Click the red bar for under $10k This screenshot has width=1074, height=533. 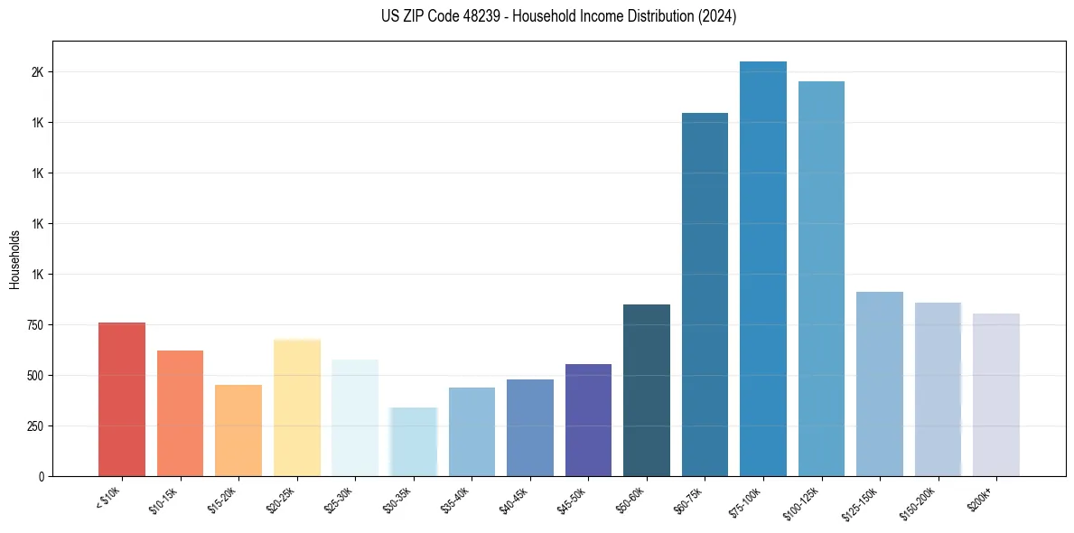[121, 399]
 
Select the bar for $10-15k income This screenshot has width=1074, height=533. [180, 413]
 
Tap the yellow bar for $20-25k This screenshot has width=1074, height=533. [296, 407]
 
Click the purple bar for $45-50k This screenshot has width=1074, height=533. [588, 420]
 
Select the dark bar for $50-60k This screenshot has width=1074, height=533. [647, 390]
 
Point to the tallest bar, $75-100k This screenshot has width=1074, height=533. [763, 268]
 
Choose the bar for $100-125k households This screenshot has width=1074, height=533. [821, 278]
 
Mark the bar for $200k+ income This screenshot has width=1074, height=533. [996, 395]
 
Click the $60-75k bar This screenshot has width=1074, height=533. [705, 295]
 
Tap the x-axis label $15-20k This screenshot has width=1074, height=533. [222, 500]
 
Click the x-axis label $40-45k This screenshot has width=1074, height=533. [514, 500]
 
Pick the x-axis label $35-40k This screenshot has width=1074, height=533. [455, 500]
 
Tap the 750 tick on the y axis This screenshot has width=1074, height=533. [34, 325]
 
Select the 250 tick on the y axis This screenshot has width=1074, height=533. [34, 426]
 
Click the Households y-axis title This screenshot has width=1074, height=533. [15, 259]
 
